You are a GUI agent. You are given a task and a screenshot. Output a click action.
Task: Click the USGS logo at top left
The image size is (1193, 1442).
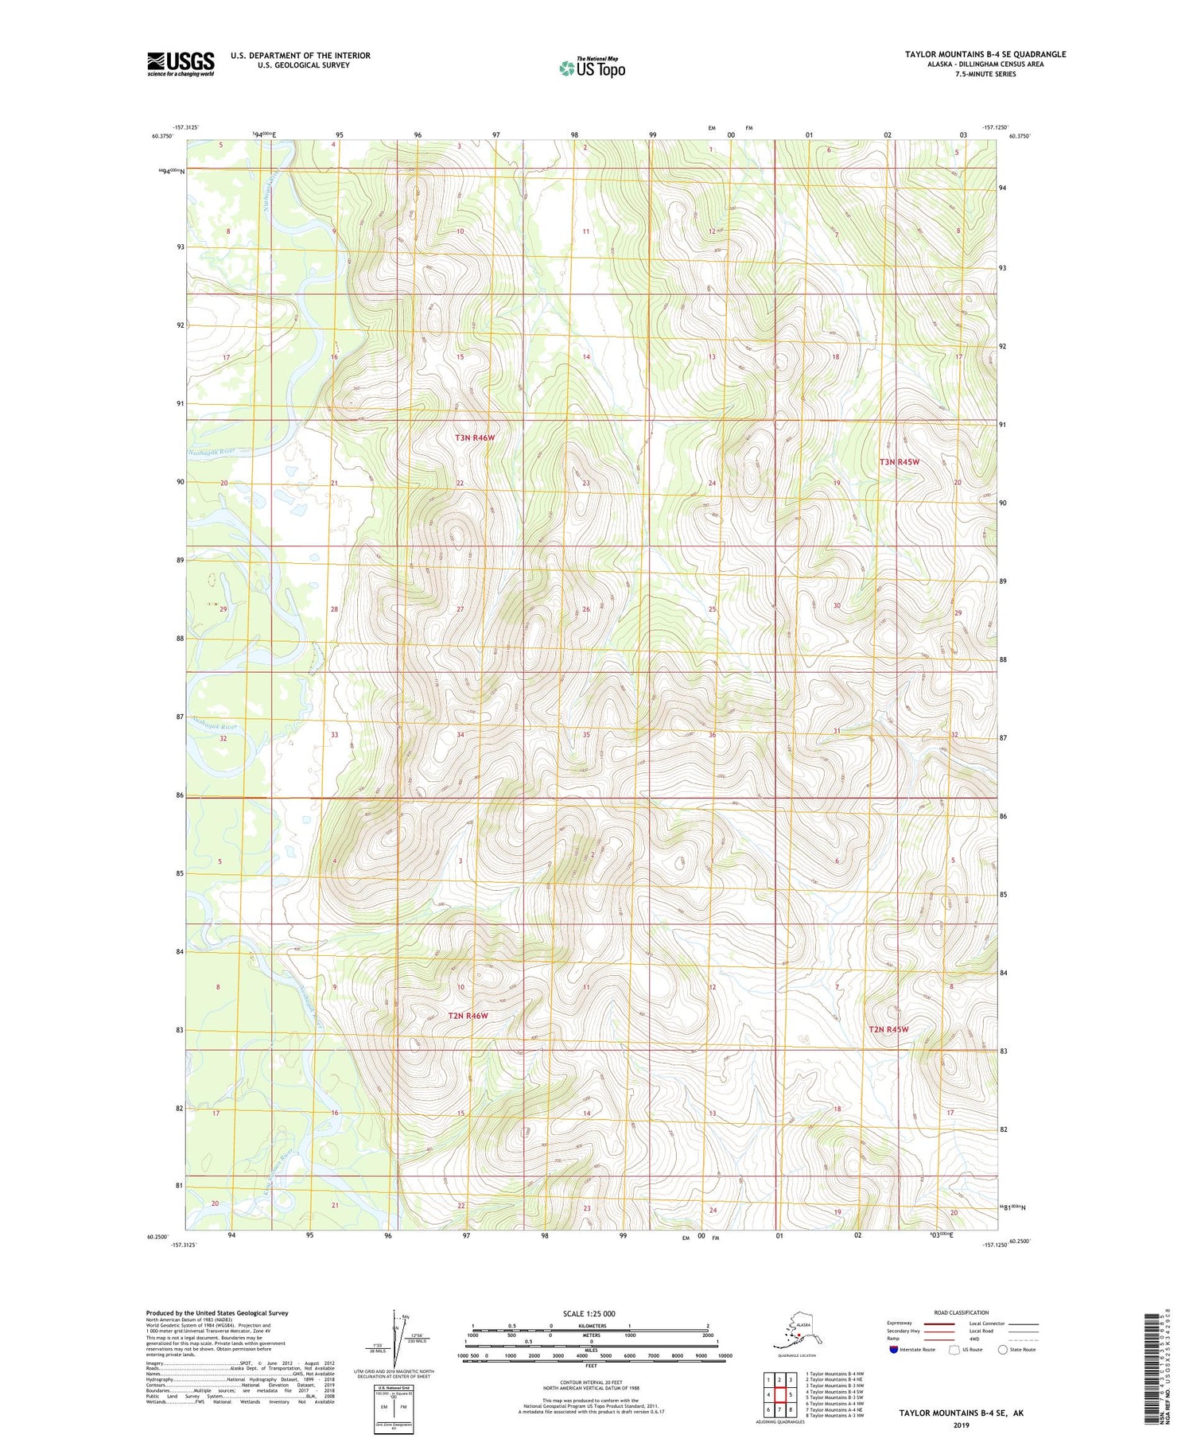181,63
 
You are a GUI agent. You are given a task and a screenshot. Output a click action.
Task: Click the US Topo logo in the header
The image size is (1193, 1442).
592,68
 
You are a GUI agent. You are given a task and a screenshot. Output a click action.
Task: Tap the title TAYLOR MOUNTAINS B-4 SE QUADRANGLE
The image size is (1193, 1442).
985,54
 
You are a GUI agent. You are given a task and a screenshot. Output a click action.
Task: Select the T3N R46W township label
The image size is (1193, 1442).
475,437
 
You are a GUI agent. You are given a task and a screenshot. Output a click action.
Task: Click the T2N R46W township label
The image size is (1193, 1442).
468,1016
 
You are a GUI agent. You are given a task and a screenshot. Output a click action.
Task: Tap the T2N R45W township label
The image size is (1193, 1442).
888,1029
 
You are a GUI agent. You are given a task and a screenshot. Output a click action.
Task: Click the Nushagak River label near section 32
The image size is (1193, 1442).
215,726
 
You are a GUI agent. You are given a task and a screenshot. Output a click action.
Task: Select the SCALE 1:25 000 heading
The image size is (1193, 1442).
589,1313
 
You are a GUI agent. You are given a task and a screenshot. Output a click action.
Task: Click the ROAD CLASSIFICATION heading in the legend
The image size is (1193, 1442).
962,1312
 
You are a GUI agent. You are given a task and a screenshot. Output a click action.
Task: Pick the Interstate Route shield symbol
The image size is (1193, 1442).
893,1350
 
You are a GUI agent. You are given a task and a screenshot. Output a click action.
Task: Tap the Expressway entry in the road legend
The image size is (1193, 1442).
899,1323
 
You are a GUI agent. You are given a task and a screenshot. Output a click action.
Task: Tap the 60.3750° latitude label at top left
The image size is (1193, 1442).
161,136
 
